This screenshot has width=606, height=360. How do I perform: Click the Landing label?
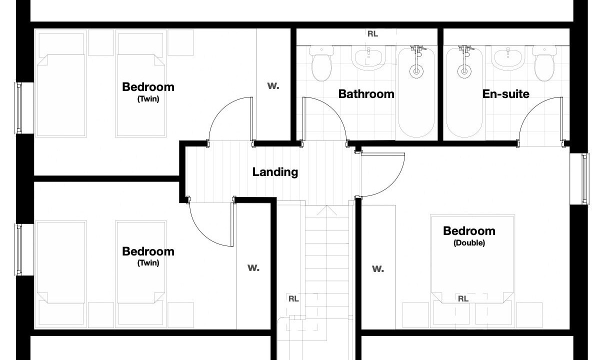coord(275,172)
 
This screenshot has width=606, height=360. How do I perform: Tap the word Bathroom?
coord(366,94)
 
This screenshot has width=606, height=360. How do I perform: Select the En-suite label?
coord(506,94)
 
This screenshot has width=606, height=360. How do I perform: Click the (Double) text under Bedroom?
coord(469,243)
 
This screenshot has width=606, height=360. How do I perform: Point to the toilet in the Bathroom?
coord(321,63)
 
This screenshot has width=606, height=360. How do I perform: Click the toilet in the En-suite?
coord(544,63)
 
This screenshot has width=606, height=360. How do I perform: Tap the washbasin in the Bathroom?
coord(368,58)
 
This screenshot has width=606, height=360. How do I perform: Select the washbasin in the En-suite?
coord(508,58)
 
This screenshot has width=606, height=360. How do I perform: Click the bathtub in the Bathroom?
coord(416,92)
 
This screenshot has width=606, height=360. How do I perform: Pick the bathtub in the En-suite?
coord(464,92)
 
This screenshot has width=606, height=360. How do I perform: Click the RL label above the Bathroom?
coord(372,34)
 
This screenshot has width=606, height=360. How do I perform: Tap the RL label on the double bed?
coord(463,299)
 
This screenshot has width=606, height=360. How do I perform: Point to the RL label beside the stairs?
coord(293,299)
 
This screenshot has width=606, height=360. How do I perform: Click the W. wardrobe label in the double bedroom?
coord(377,269)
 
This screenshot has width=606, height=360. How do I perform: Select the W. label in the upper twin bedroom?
coord(273,86)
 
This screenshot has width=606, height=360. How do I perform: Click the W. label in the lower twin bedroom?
coord(253,268)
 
